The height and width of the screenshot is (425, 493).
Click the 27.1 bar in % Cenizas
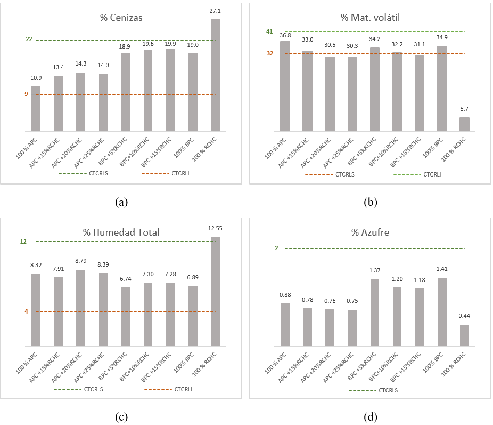click(x=215, y=75)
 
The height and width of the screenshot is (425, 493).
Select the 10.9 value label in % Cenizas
click(x=36, y=78)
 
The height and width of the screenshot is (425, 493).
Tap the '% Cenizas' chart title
click(x=121, y=18)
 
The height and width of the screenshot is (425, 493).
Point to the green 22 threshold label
click(x=29, y=39)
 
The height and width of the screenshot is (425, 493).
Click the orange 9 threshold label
click(x=26, y=94)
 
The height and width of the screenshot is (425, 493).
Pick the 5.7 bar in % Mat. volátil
click(x=464, y=124)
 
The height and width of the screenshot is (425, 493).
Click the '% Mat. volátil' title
click(x=370, y=18)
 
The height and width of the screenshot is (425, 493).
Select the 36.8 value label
click(x=285, y=35)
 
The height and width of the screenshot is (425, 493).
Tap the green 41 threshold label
click(x=270, y=32)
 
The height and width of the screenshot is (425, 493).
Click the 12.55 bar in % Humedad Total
click(x=215, y=291)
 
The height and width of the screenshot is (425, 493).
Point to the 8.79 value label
click(x=81, y=262)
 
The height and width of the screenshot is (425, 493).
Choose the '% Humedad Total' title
click(x=121, y=232)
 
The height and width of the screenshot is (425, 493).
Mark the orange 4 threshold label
click(x=26, y=311)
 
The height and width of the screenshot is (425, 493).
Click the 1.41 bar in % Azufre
click(x=442, y=312)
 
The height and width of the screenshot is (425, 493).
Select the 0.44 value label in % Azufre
click(x=464, y=316)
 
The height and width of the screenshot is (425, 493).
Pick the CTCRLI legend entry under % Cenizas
click(x=181, y=174)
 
